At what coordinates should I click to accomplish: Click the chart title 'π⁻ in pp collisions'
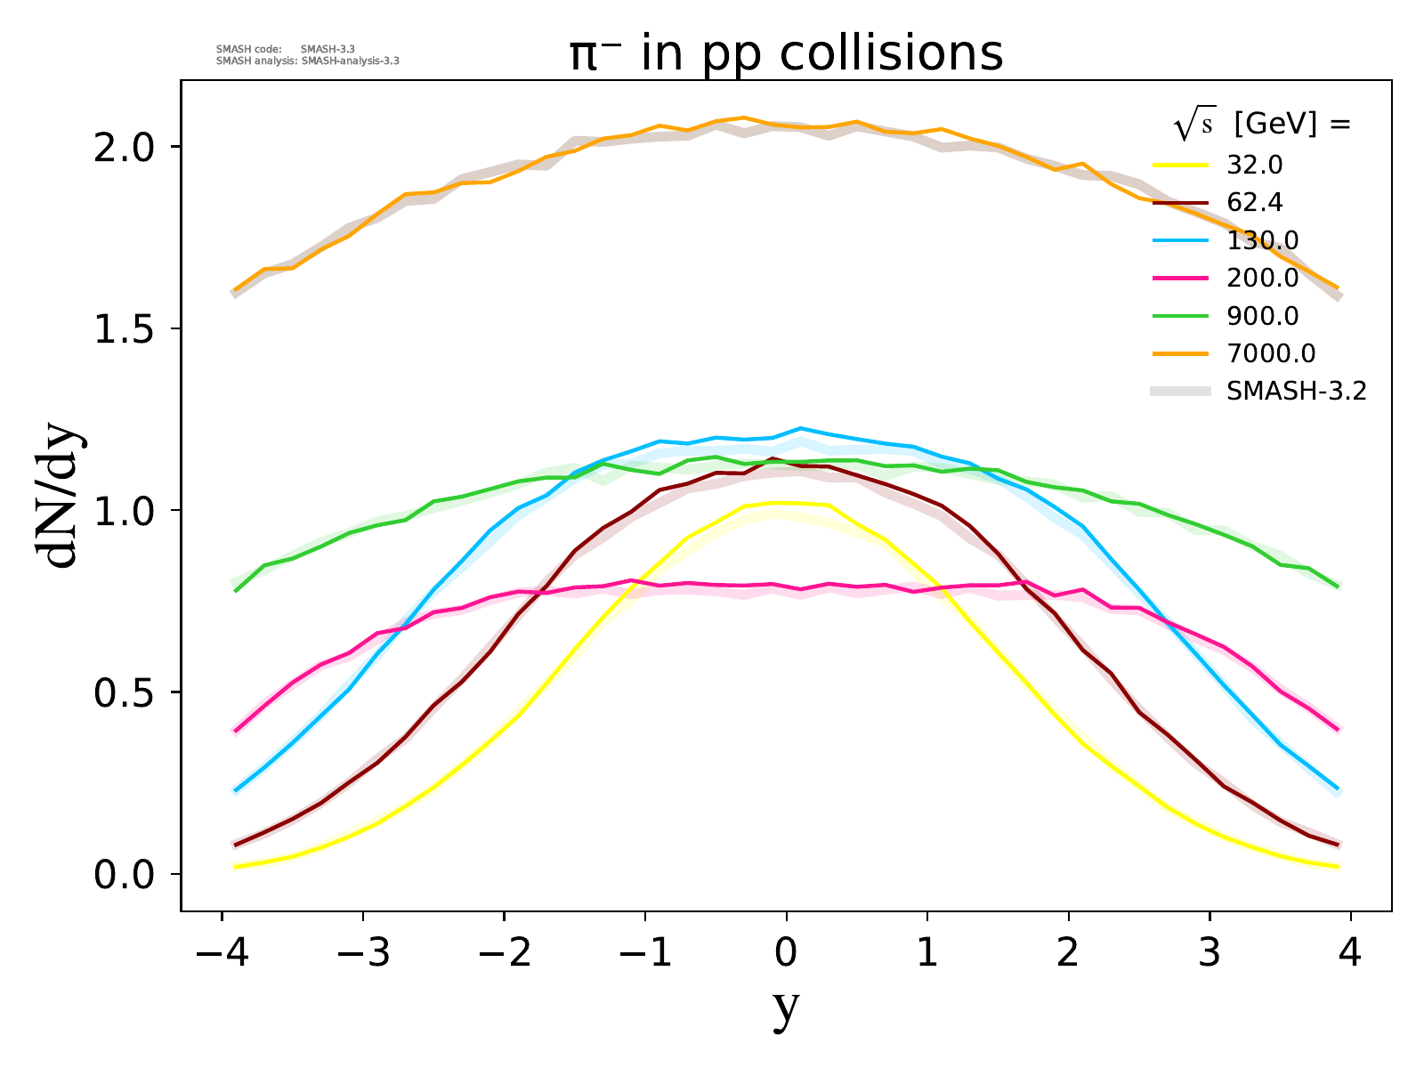pyautogui.click(x=787, y=53)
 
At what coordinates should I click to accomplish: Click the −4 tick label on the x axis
pyautogui.click(x=221, y=954)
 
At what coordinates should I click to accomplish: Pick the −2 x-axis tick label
pyautogui.click(x=504, y=954)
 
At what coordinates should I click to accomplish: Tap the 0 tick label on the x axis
pyautogui.click(x=786, y=954)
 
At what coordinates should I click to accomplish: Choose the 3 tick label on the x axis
pyautogui.click(x=1210, y=954)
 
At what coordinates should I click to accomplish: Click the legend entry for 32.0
pyautogui.click(x=1255, y=166)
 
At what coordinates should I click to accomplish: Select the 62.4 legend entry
pyautogui.click(x=1255, y=203)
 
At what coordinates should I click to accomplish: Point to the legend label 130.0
pyautogui.click(x=1262, y=240)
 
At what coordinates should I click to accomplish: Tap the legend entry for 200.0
pyautogui.click(x=1262, y=279)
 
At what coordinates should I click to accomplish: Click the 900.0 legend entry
pyautogui.click(x=1262, y=316)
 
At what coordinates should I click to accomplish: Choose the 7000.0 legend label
pyautogui.click(x=1270, y=353)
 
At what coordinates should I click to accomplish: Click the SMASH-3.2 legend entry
pyautogui.click(x=1296, y=392)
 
